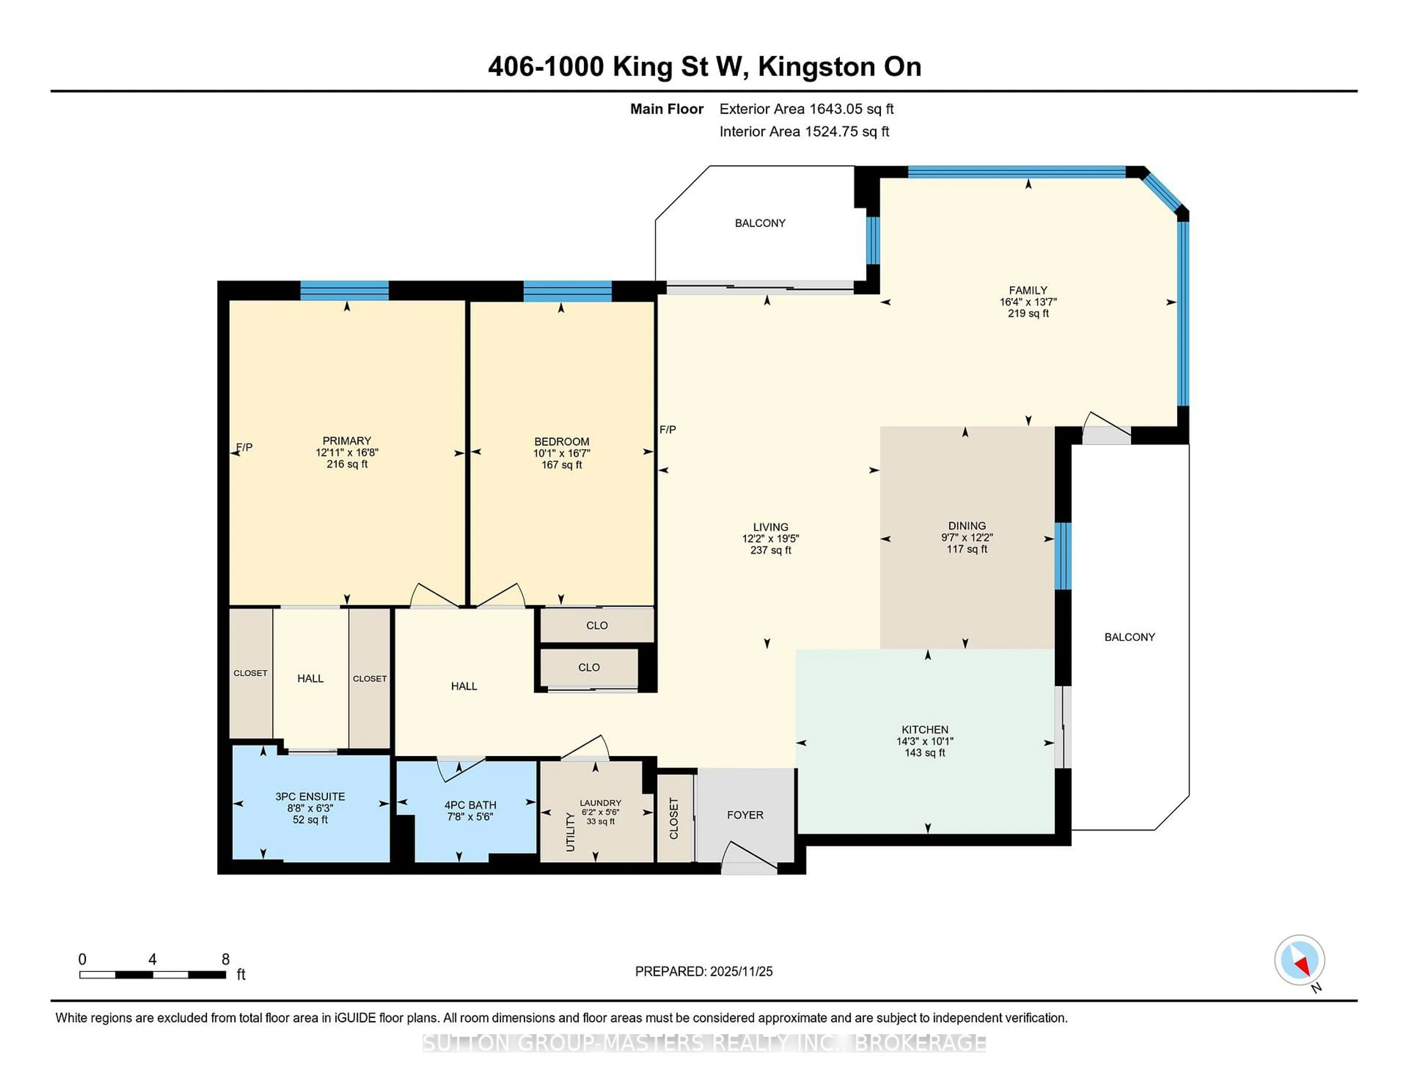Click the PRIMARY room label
point(347,441)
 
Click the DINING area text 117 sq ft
point(967,549)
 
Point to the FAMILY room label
point(1028,290)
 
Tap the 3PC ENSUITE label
point(310,797)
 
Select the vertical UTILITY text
point(570,832)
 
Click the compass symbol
point(1299,960)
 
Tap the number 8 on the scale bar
point(225,959)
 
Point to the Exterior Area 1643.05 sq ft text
point(806,109)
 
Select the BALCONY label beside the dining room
point(1129,637)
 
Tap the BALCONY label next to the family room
point(760,223)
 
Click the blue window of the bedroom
point(567,292)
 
